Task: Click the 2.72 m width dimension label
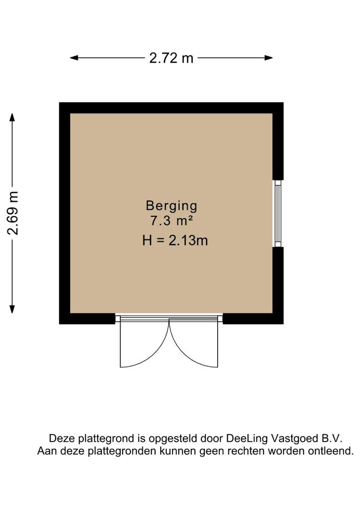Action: pos(171,58)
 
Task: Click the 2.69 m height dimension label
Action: pos(13,213)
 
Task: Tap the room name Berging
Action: pos(171,205)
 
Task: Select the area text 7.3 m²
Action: pos(171,221)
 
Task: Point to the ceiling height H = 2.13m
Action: pos(175,240)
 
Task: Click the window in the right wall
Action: pos(278,213)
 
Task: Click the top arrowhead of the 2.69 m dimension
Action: pos(12,117)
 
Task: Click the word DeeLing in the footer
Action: pos(246,438)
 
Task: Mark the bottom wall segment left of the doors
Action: pos(87,319)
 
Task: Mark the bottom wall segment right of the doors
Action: pos(253,319)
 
